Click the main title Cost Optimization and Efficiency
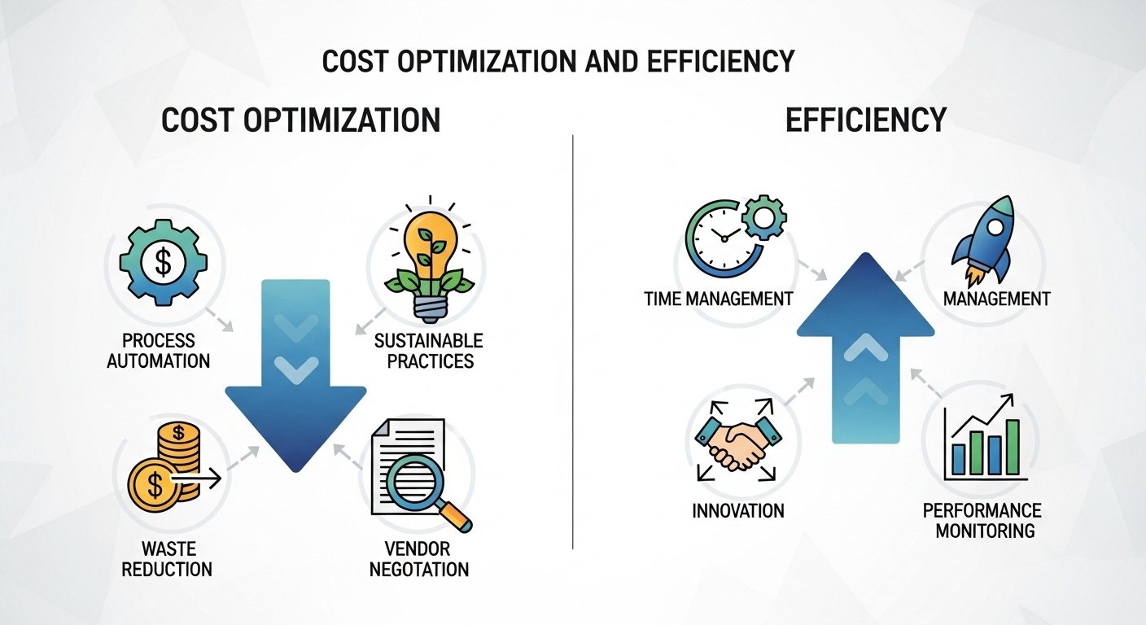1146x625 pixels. click(x=558, y=63)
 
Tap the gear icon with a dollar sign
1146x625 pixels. click(x=163, y=262)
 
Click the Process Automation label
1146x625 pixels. click(x=159, y=350)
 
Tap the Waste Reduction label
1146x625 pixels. click(x=166, y=558)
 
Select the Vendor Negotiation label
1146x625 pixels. click(x=419, y=558)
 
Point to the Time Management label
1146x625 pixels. click(x=718, y=299)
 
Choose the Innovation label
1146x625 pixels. click(x=737, y=511)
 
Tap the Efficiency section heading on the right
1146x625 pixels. click(x=865, y=120)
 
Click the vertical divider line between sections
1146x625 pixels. click(x=573, y=342)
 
